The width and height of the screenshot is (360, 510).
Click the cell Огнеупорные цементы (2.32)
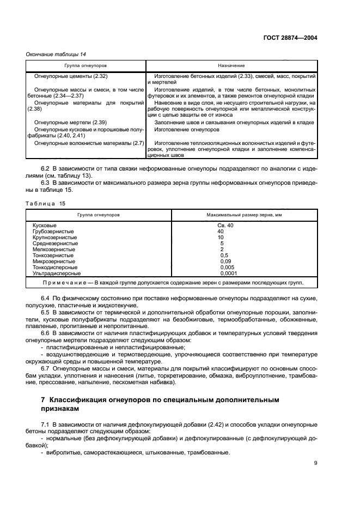70,76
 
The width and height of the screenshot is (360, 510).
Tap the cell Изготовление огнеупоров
187,130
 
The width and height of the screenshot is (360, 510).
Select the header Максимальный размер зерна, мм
243,215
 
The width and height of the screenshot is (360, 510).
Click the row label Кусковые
45,225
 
